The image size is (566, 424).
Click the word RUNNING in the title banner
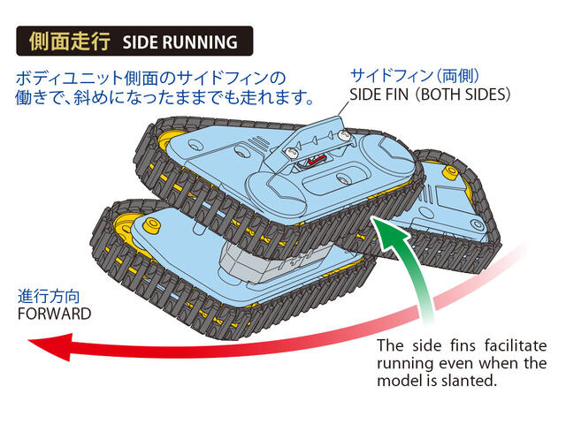pos(200,42)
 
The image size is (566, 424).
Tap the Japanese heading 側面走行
pos(70,42)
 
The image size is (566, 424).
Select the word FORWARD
pos(54,314)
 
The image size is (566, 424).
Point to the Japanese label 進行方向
pos(50,297)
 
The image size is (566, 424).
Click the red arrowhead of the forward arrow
pos(50,346)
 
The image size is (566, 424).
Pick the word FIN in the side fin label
pos(396,95)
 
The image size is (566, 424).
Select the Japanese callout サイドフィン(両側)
pos(415,76)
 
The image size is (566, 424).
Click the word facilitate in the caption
pos(516,345)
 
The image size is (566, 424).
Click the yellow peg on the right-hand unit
pos(451,172)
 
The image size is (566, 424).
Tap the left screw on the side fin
pos(291,153)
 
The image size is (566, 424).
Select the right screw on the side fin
pos(344,135)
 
